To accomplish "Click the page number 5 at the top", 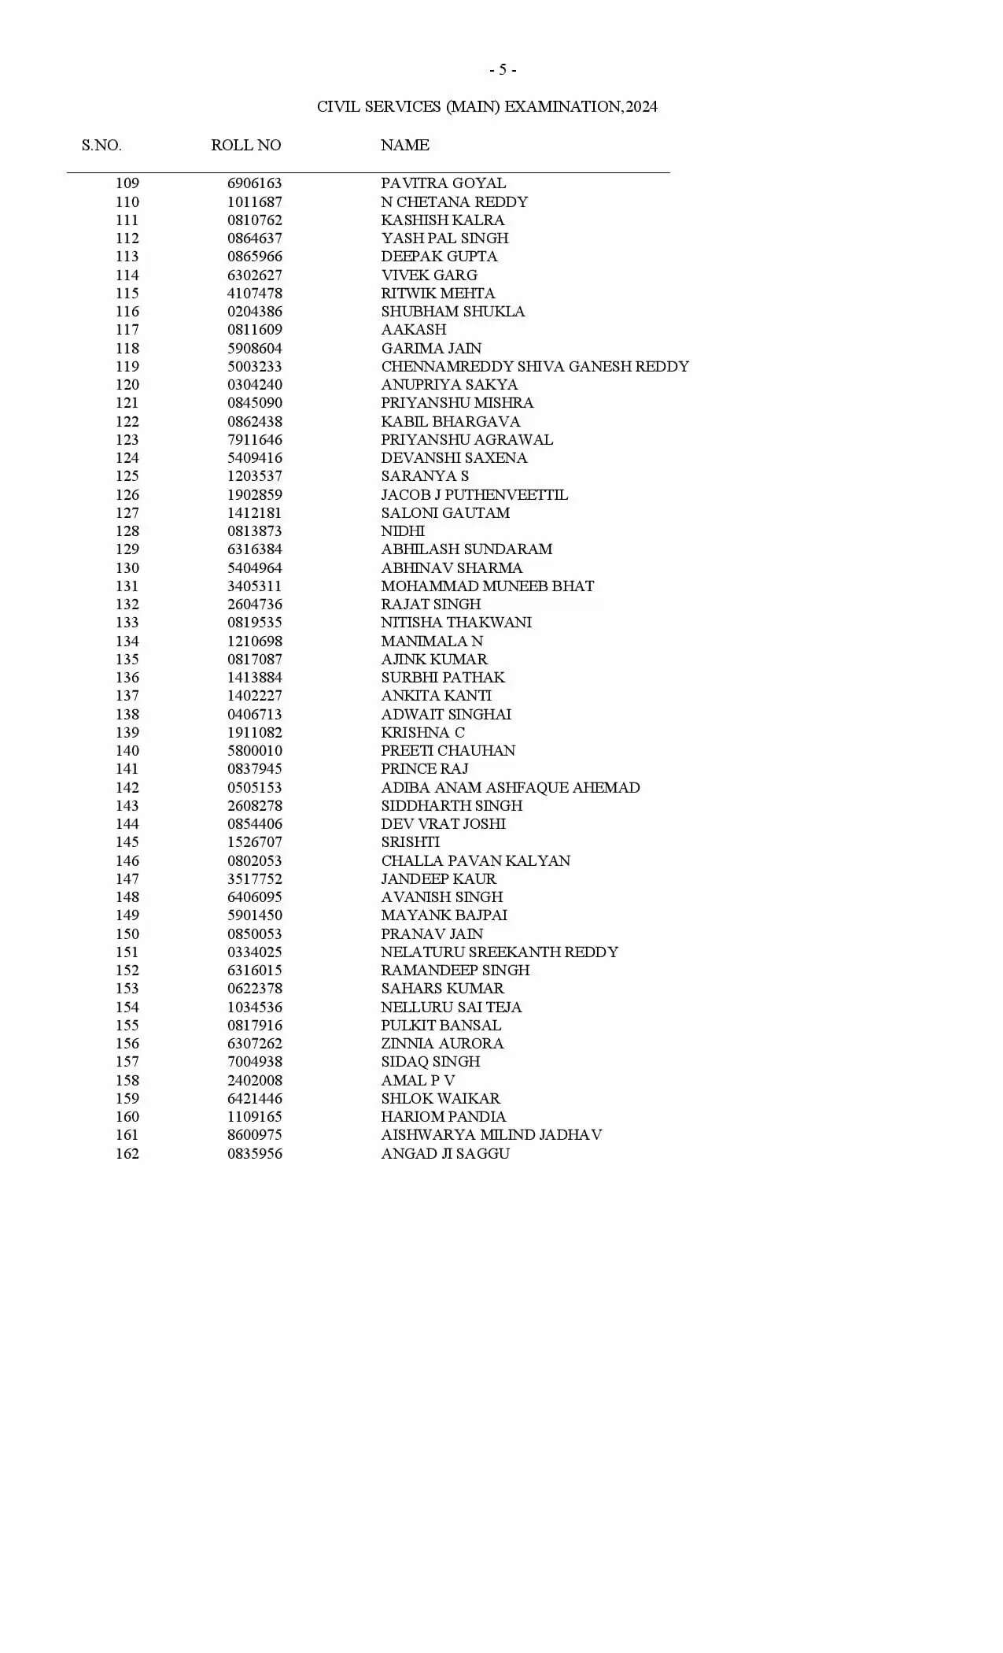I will coord(503,70).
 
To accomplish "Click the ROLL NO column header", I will coord(245,145).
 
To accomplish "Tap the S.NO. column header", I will coord(101,145).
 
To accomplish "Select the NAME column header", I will coord(404,145).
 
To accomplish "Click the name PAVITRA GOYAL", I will coord(443,183).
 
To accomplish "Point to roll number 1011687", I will coord(254,202).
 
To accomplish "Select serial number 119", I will coord(127,366).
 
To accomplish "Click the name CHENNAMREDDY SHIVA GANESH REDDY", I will coord(534,366).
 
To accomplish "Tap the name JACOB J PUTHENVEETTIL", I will coord(474,494).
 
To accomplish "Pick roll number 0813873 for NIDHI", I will coord(254,531).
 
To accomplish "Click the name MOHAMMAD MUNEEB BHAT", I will coord(487,586).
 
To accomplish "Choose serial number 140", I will coord(127,750).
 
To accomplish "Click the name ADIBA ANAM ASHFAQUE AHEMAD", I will coord(510,787).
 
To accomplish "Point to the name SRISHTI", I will coord(410,841).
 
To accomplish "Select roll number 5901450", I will coord(254,915).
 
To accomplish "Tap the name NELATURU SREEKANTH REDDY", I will coord(499,952).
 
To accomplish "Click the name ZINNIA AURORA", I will coord(442,1043).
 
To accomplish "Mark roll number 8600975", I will coord(254,1134).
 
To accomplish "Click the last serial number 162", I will coord(127,1153).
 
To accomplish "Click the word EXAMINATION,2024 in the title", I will coord(581,106).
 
